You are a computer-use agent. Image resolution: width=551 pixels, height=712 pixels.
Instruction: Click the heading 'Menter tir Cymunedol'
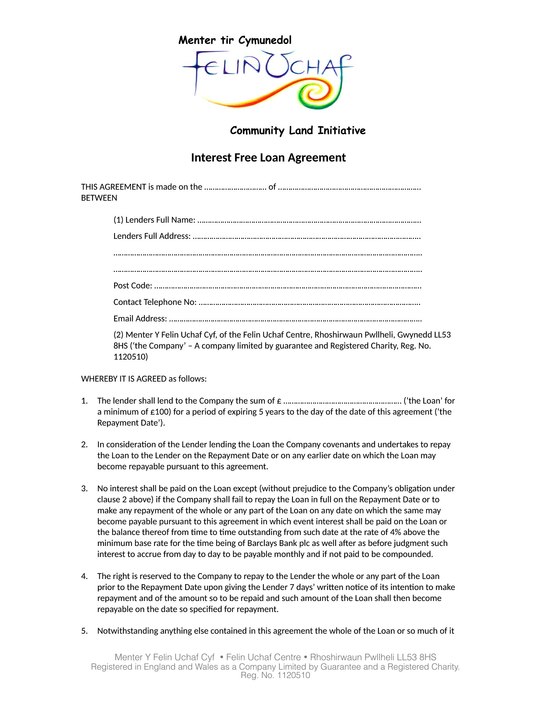235,40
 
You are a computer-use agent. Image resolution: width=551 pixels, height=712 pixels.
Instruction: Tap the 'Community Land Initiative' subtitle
297,130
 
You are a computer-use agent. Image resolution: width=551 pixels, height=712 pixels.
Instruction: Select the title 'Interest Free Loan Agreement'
268,158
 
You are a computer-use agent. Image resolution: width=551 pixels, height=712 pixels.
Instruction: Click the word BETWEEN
99,198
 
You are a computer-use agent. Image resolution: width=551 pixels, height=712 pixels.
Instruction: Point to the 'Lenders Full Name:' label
154,220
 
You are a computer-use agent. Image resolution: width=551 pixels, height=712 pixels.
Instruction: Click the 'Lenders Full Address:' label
152,236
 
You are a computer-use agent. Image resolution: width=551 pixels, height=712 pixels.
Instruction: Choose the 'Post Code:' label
133,285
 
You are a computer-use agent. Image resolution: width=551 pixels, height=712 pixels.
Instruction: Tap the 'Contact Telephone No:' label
155,302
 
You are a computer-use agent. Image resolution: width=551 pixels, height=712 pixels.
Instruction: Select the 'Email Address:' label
140,318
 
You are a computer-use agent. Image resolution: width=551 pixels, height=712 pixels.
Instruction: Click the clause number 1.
84,401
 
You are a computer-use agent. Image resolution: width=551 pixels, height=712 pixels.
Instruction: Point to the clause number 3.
84,488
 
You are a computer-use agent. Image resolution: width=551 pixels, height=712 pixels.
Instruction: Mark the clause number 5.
84,631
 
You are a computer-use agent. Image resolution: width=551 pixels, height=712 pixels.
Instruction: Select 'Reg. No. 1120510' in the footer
275,675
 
